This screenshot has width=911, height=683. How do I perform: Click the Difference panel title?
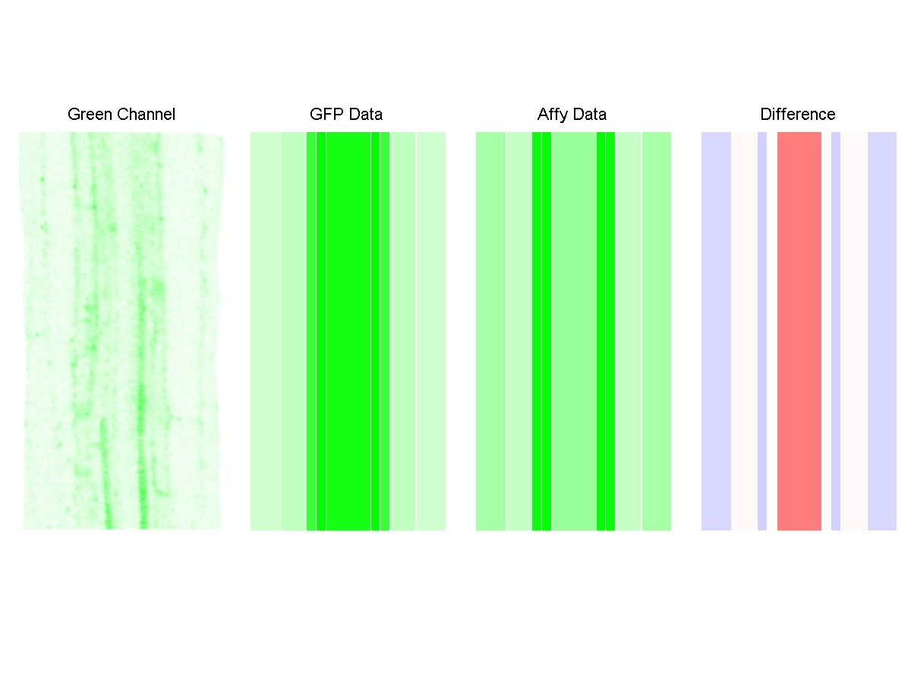pyautogui.click(x=797, y=115)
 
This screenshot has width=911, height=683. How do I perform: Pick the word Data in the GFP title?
pyautogui.click(x=365, y=115)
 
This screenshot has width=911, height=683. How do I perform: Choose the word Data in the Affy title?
pyautogui.click(x=590, y=115)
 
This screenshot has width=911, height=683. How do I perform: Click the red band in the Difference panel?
pyautogui.click(x=799, y=331)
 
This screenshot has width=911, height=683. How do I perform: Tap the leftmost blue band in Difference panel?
pyautogui.click(x=716, y=331)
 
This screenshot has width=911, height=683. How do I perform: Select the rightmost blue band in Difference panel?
pyautogui.click(x=882, y=331)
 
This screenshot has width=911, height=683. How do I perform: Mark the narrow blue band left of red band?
pyautogui.click(x=762, y=331)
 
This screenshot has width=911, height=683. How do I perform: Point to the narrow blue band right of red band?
pyautogui.click(x=836, y=331)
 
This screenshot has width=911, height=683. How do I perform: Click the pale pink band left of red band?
pyautogui.click(x=744, y=331)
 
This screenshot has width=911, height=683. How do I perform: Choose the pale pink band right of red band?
pyautogui.click(x=854, y=331)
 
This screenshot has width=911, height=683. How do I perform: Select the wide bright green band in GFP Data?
pyautogui.click(x=348, y=331)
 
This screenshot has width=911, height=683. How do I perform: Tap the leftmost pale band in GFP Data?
pyautogui.click(x=266, y=331)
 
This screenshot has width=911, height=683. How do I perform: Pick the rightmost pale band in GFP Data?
pyautogui.click(x=430, y=331)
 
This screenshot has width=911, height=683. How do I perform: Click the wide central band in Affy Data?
pyautogui.click(x=573, y=331)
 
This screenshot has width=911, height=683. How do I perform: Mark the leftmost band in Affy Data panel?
pyautogui.click(x=490, y=331)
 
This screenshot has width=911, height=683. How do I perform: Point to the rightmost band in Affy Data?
pyautogui.click(x=657, y=331)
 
